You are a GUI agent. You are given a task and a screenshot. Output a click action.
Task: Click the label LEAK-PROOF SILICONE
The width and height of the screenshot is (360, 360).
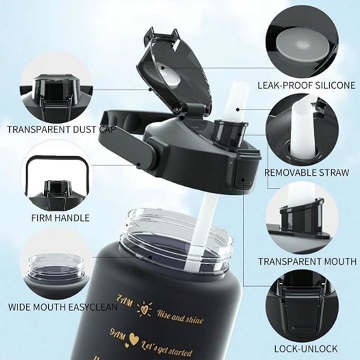(306, 85)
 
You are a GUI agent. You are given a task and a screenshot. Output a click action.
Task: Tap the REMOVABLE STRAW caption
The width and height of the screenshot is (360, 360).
(307, 172)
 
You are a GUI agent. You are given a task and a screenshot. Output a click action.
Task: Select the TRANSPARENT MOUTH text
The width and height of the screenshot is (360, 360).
(308, 261)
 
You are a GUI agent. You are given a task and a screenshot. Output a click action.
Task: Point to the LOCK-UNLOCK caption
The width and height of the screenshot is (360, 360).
(306, 349)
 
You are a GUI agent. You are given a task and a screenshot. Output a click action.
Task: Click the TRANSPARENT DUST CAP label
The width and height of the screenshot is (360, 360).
(62, 130)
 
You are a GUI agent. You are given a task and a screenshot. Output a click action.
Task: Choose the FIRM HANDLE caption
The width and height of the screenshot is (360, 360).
(60, 218)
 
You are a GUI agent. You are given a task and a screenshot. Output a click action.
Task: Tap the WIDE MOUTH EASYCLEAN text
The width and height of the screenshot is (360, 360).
(63, 307)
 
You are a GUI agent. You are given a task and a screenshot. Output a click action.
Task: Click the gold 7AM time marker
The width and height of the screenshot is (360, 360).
(124, 300)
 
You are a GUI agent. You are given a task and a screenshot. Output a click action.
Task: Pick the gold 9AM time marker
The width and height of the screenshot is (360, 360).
(118, 335)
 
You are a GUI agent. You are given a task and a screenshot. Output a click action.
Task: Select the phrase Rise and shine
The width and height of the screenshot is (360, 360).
(180, 317)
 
